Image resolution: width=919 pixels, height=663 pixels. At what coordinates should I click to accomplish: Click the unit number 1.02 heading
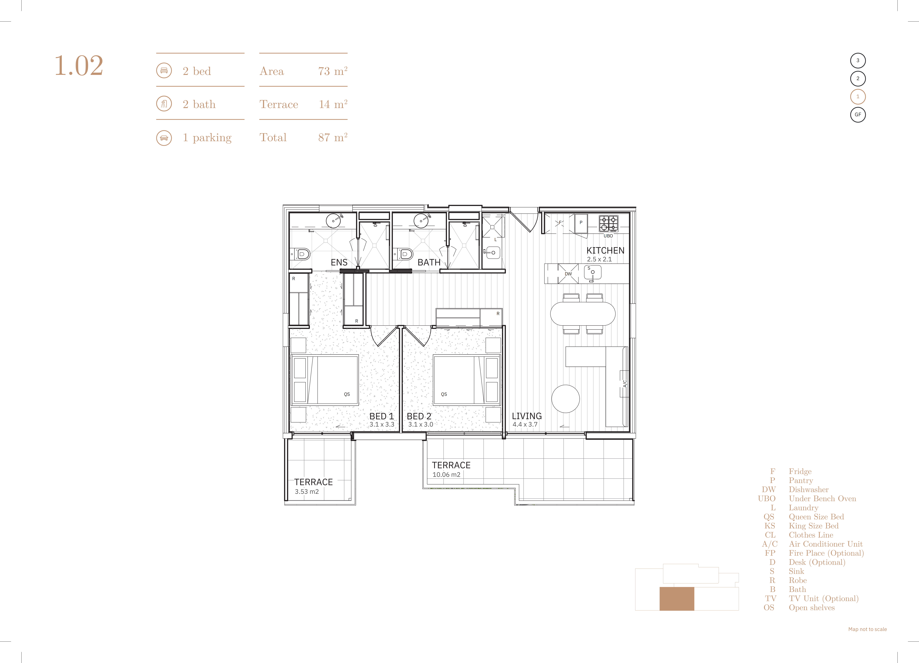(79, 66)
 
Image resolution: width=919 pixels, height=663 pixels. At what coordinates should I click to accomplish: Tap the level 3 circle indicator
(858, 60)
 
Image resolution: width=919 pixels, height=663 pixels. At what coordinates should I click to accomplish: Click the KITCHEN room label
(605, 251)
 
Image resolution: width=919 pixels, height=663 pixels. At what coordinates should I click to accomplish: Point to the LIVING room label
(527, 416)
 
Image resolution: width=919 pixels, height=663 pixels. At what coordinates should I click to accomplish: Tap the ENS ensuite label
(339, 262)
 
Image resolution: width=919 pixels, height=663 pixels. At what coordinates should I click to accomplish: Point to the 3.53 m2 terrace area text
(307, 492)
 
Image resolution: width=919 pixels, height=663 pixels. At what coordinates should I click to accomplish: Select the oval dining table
(583, 314)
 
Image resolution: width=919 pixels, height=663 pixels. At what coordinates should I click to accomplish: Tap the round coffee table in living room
(566, 399)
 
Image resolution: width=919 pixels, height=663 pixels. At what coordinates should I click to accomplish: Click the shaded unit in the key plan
(677, 599)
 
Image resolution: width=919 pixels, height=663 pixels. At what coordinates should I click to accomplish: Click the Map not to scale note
(867, 629)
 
